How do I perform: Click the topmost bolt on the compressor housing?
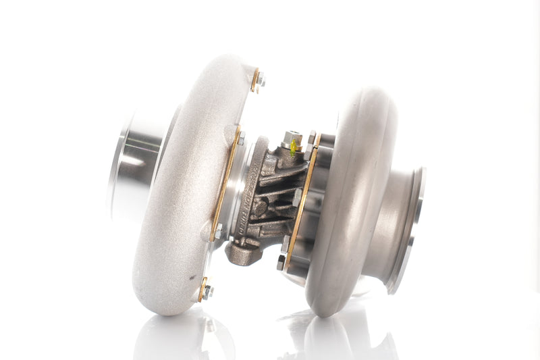click(259, 80)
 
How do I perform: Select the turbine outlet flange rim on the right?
click(415, 230)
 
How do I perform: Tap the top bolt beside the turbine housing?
click(311, 138)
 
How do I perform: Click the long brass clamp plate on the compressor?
click(226, 182)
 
